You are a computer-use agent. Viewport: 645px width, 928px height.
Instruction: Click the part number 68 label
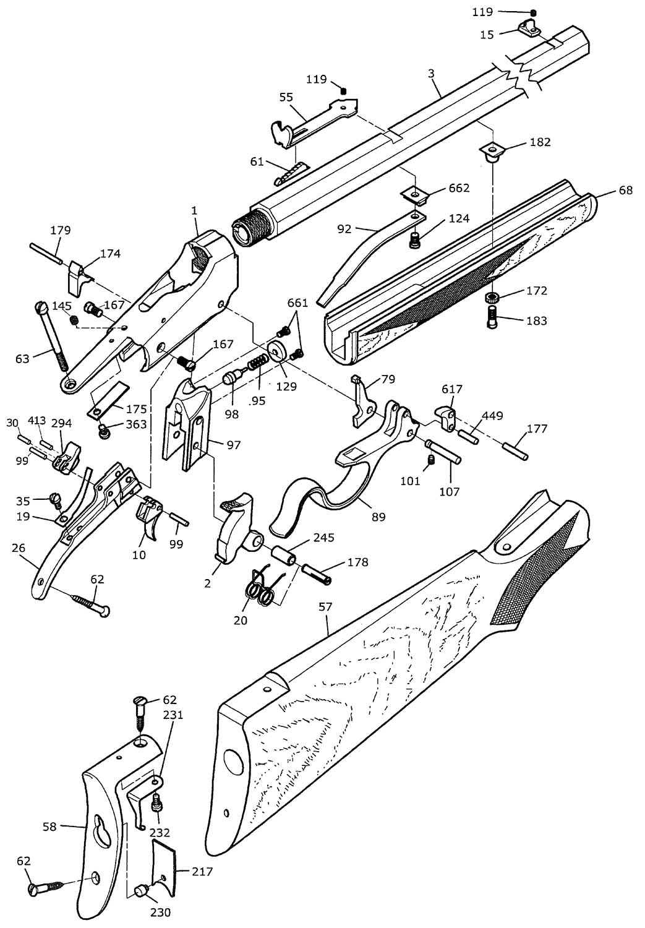click(625, 191)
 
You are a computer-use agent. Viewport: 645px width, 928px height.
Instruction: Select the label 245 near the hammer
click(324, 538)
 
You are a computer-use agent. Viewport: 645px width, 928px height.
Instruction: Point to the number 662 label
click(459, 187)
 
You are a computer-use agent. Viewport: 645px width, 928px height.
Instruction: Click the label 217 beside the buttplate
click(202, 872)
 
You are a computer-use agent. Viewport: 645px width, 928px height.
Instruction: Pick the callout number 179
click(60, 230)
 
